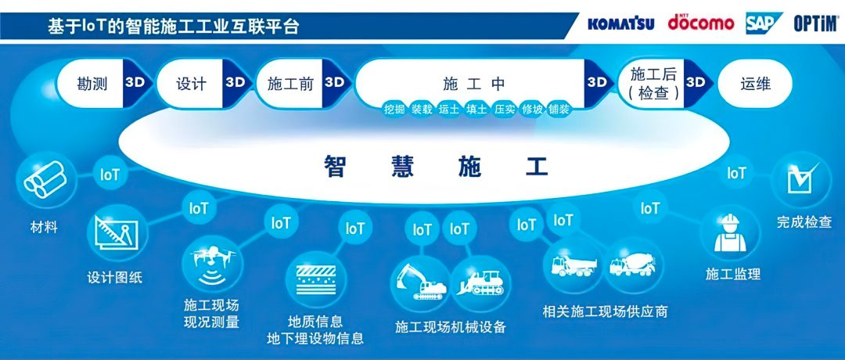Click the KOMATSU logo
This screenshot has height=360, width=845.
point(620,23)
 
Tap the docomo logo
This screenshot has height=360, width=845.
point(700,23)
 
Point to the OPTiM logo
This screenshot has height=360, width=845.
point(815,23)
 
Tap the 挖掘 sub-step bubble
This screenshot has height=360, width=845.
point(394,110)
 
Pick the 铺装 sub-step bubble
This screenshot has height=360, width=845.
point(559,110)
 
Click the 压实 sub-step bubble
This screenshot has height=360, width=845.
point(505,110)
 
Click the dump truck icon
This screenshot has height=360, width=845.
point(574,264)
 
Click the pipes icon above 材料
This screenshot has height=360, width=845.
point(45,180)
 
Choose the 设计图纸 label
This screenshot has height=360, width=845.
point(115,279)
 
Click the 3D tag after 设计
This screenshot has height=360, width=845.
point(235,82)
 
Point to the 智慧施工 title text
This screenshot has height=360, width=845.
point(437,166)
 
